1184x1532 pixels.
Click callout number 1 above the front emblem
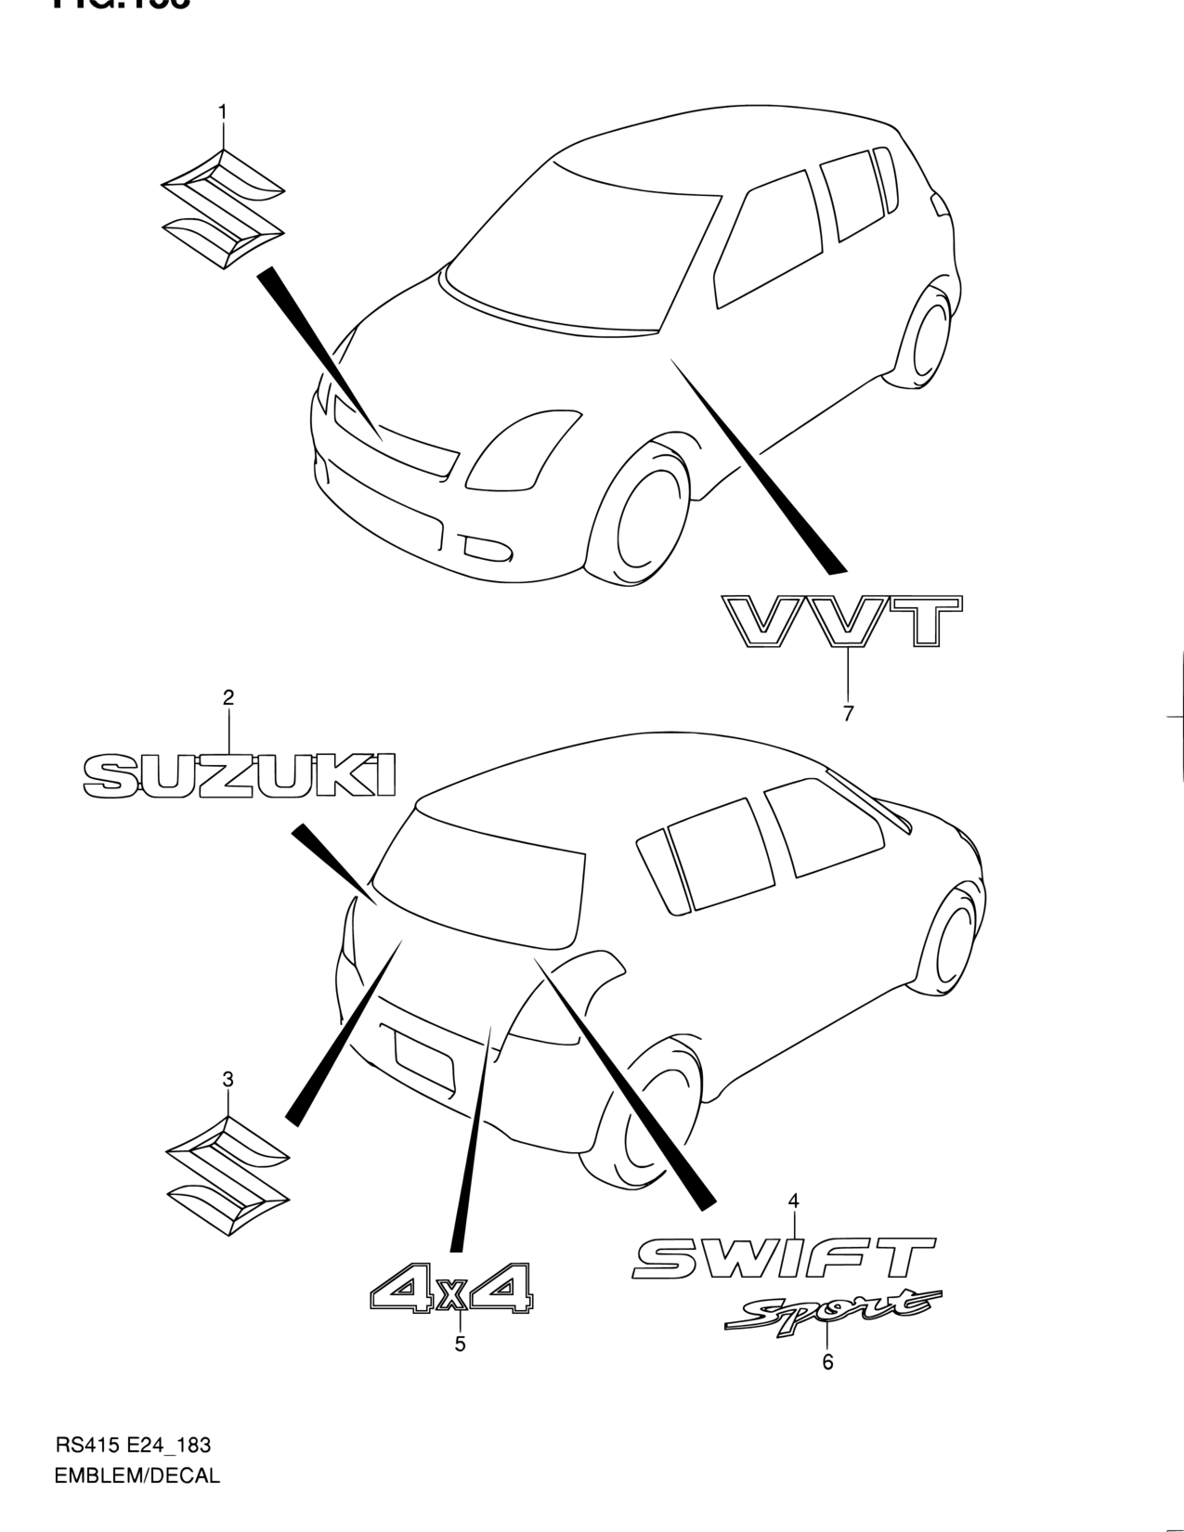coord(222,112)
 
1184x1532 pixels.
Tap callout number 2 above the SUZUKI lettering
coord(228,697)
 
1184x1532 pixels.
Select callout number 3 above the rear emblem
coord(228,1079)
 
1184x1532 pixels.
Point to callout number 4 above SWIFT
coord(793,1201)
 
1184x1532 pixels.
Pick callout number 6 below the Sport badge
coord(827,1361)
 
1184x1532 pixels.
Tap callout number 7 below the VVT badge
coord(848,713)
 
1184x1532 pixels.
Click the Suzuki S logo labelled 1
coord(223,208)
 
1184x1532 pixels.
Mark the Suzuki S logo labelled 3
coord(228,1176)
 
